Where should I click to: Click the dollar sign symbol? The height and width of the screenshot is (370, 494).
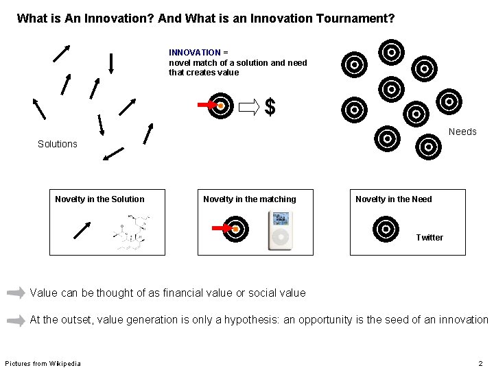point(270,107)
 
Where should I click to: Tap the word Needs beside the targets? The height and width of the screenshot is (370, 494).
point(462,132)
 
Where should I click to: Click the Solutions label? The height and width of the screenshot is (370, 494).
point(58,144)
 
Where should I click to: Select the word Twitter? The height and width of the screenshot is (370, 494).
point(430,238)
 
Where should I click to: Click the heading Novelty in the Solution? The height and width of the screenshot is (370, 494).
point(99,199)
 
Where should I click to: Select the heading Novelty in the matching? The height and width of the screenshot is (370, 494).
point(250,199)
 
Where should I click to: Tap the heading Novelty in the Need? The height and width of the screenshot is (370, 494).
point(394,199)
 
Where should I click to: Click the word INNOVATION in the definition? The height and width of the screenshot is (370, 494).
point(195,53)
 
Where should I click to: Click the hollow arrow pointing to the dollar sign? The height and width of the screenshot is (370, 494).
point(250,106)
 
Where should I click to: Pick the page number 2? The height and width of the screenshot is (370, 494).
point(481,363)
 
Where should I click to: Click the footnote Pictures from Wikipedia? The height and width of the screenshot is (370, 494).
point(43,363)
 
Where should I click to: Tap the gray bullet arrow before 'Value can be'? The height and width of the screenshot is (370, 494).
point(16,293)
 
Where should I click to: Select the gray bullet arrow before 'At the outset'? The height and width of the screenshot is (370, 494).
point(16,320)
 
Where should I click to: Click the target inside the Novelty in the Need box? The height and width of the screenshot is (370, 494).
point(386,229)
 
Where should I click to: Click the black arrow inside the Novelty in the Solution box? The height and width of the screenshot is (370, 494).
point(82,230)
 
